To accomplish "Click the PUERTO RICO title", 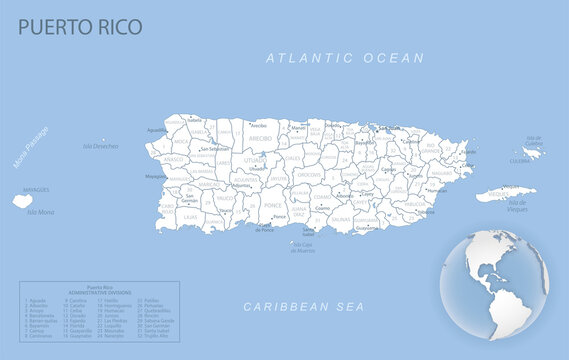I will click(80, 26).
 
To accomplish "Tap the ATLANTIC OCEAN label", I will click(345, 59).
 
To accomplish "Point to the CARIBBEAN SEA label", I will click(304, 306).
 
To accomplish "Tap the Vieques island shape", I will click(505, 194).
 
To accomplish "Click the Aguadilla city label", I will click(157, 130).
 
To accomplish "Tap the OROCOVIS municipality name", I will click(309, 175).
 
